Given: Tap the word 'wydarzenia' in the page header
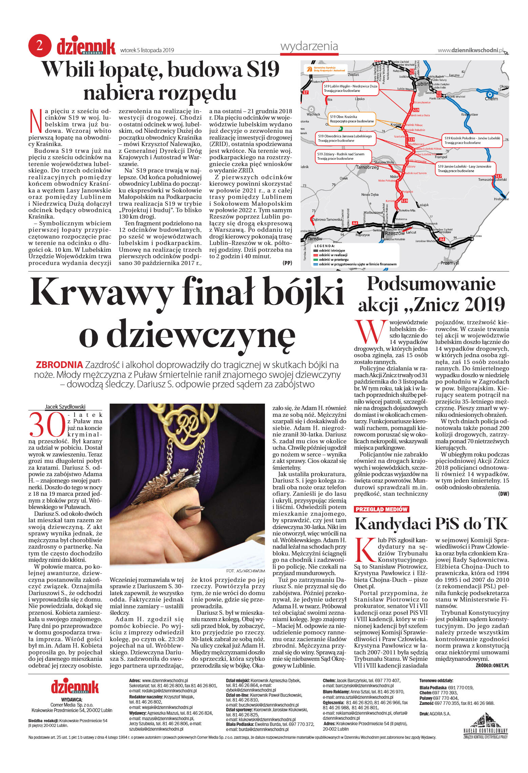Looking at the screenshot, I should (309, 46).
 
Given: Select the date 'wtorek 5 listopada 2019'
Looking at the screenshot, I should (147, 50).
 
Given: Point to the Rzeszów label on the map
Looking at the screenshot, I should (394, 233).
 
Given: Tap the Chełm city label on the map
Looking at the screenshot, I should (491, 99).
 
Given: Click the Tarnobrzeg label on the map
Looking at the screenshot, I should (367, 167).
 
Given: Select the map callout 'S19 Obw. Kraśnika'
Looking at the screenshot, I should (351, 119).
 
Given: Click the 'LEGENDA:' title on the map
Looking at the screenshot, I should (324, 246).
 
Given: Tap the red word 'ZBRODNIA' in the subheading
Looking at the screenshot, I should (59, 365).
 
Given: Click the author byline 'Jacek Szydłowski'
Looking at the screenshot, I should (65, 407).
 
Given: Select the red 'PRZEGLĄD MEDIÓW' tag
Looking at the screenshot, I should (381, 509).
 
